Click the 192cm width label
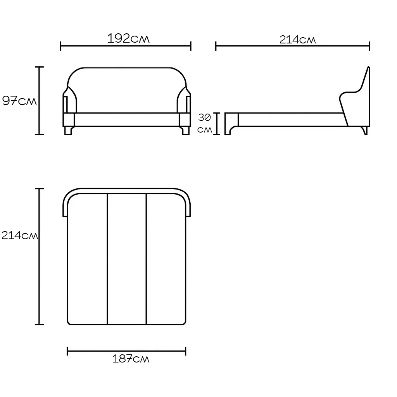coord(128,38)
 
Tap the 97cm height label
coord(19,101)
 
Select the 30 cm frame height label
coord(205,123)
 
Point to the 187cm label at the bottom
coord(131,359)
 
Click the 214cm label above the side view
coord(298,40)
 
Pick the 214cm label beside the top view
coord(20,235)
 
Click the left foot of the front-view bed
coord(68,131)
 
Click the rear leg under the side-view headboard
coord(365,131)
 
